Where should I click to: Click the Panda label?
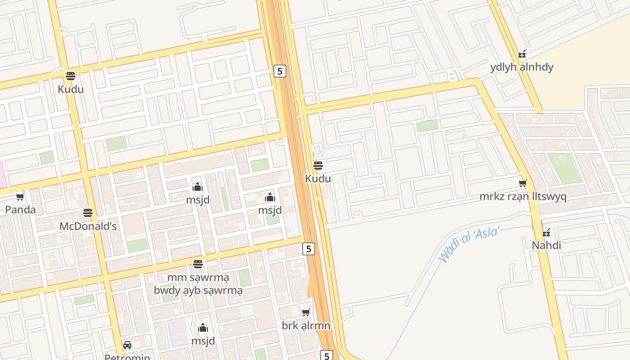(x=20, y=210)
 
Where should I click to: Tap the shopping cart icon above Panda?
(x=20, y=197)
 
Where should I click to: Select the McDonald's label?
(x=88, y=226)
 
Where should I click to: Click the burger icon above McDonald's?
(x=88, y=213)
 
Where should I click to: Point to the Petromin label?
(x=127, y=357)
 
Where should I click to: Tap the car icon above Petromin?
(x=127, y=345)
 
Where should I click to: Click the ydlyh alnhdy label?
(x=522, y=67)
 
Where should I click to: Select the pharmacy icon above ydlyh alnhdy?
(x=522, y=54)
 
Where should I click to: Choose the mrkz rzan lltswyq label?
(x=522, y=197)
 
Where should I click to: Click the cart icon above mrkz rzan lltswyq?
(x=522, y=184)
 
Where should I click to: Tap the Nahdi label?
(x=546, y=245)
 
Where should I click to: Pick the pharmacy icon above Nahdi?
(x=546, y=233)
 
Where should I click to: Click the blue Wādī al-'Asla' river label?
(x=470, y=244)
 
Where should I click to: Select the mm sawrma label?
(x=198, y=277)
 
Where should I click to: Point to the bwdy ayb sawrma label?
(x=198, y=290)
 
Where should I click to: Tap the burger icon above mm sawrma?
(x=198, y=264)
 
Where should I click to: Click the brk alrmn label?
(x=306, y=325)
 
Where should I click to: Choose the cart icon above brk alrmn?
(x=306, y=312)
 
